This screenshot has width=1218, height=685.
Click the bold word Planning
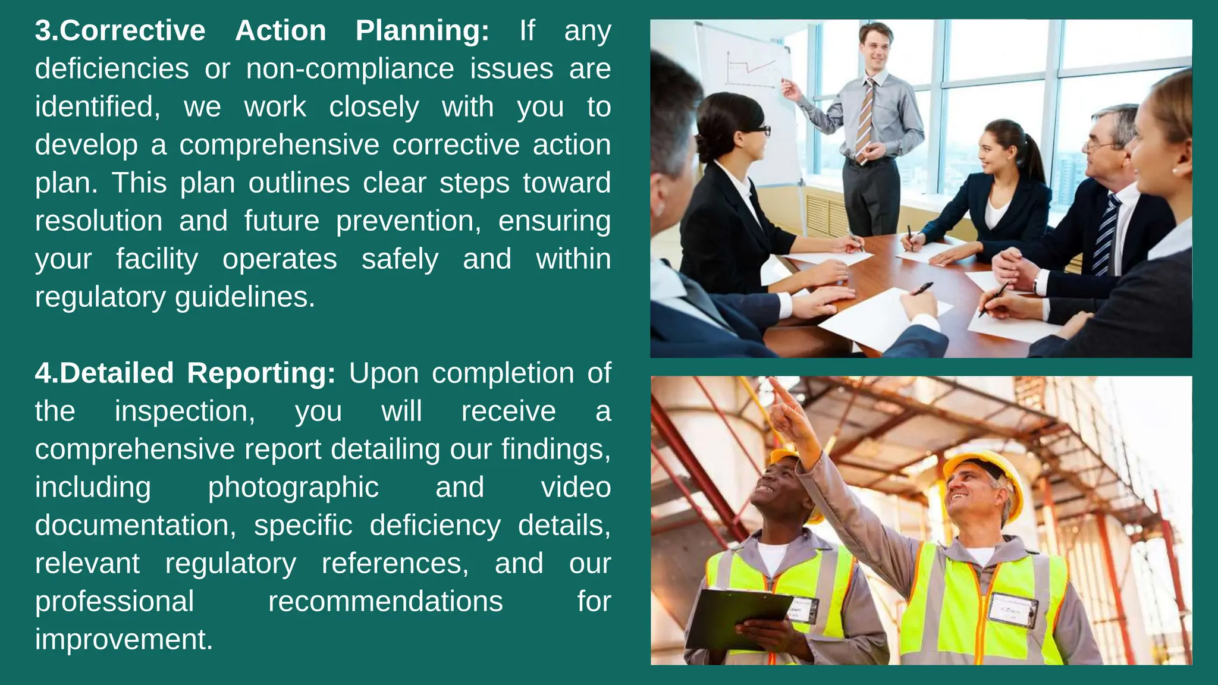(x=421, y=31)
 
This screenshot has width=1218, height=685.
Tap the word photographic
(x=293, y=488)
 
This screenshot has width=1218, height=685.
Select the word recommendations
(x=385, y=602)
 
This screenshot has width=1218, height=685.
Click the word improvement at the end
(x=123, y=640)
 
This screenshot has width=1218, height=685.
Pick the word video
(x=575, y=488)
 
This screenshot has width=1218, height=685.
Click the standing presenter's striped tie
(x=865, y=122)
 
